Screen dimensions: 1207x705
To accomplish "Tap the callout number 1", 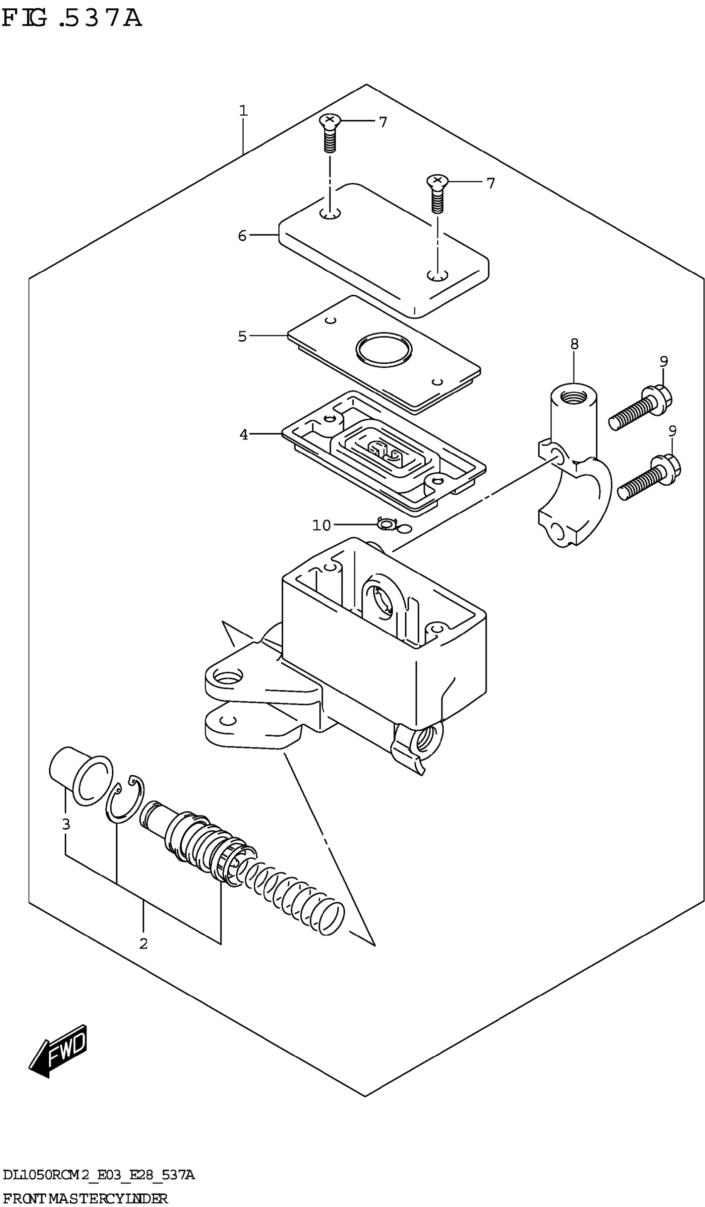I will pyautogui.click(x=243, y=111).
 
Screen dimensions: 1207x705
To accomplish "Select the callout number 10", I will pyautogui.click(x=321, y=526).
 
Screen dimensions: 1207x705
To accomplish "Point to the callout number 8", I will pyautogui.click(x=574, y=344).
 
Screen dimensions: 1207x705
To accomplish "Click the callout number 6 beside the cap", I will pyautogui.click(x=243, y=236).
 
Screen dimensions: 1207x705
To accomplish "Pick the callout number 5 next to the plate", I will pyautogui.click(x=243, y=336).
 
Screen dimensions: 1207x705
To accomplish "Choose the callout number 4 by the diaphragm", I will pyautogui.click(x=244, y=434).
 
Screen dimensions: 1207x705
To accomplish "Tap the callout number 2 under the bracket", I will pyautogui.click(x=143, y=943).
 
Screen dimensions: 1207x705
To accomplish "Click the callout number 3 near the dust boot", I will pyautogui.click(x=66, y=824).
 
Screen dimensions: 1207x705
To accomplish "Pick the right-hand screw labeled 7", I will pyautogui.click(x=437, y=194).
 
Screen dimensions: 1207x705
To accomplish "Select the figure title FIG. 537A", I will pyautogui.click(x=72, y=18).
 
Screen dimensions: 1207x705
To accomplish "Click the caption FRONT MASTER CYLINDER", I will pyautogui.click(x=85, y=1198).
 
